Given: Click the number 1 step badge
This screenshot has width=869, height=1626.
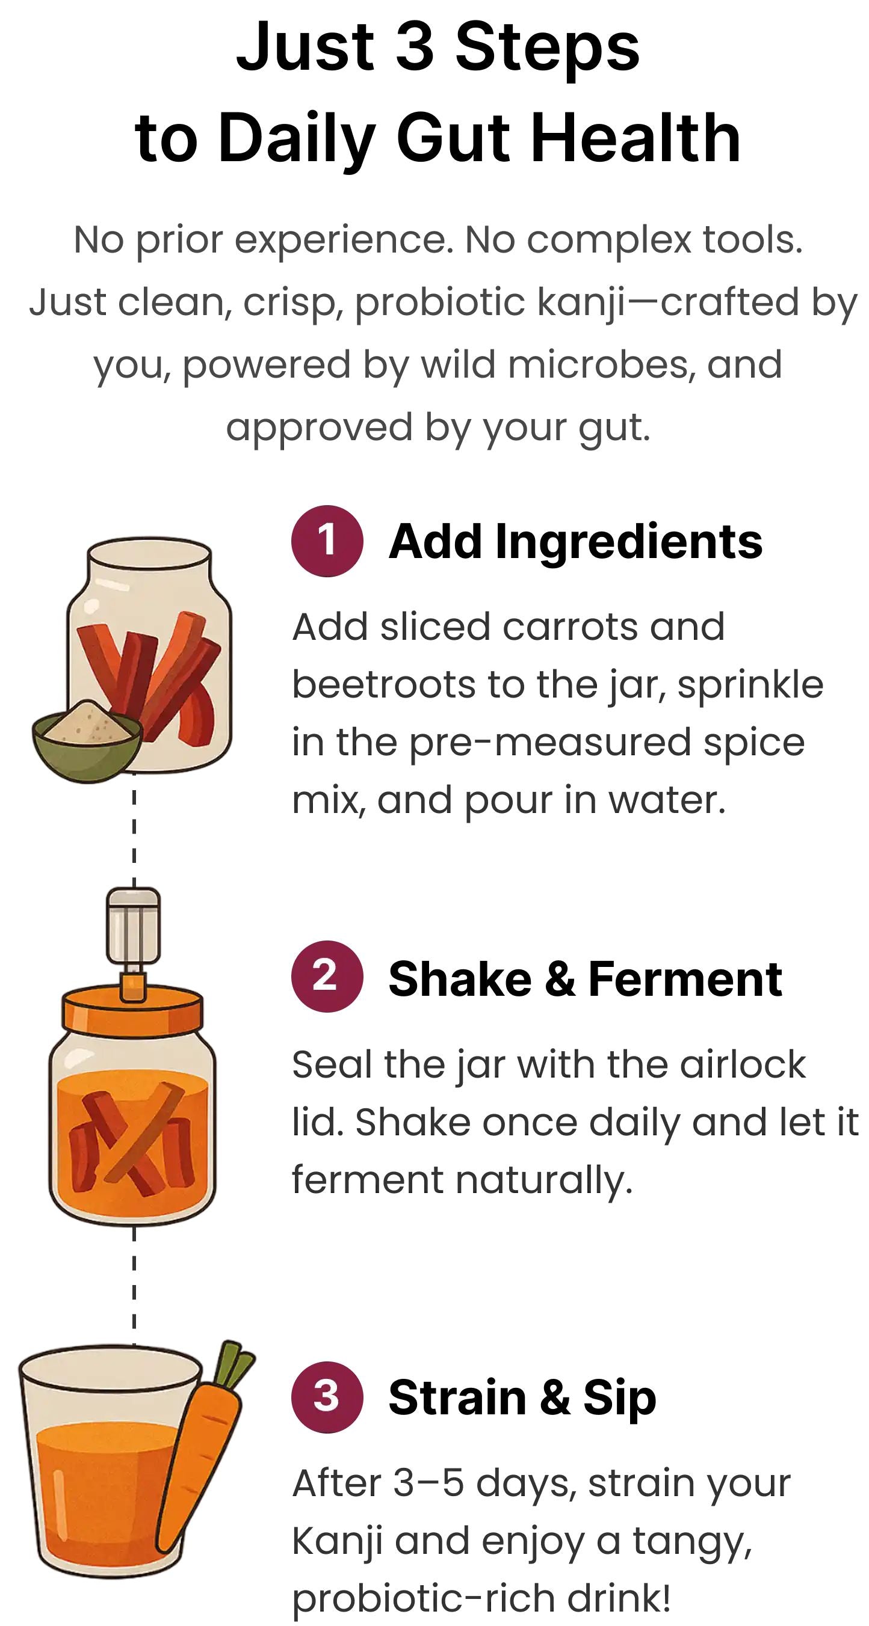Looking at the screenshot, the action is click(x=327, y=541).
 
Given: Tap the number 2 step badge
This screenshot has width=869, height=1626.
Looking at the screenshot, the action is click(x=327, y=976).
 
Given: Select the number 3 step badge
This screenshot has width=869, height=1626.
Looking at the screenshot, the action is click(x=327, y=1396).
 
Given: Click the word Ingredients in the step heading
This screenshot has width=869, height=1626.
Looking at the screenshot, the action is click(x=628, y=542).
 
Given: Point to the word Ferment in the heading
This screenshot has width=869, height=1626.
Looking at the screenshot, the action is click(x=685, y=978).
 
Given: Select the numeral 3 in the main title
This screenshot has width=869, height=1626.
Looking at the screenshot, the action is click(x=414, y=47).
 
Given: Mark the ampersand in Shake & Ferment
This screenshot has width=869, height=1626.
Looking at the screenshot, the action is click(x=560, y=979).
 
